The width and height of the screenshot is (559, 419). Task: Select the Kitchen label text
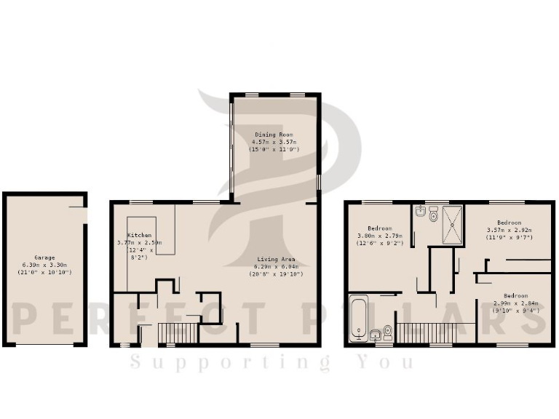click(x=139, y=235)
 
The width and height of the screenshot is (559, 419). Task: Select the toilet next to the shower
click(x=434, y=214)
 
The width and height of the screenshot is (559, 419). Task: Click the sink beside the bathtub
click(x=376, y=334)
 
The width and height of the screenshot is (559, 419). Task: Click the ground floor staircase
click(x=178, y=333)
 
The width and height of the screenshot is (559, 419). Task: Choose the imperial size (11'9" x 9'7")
click(x=510, y=237)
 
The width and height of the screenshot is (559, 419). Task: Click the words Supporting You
click(x=271, y=362)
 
